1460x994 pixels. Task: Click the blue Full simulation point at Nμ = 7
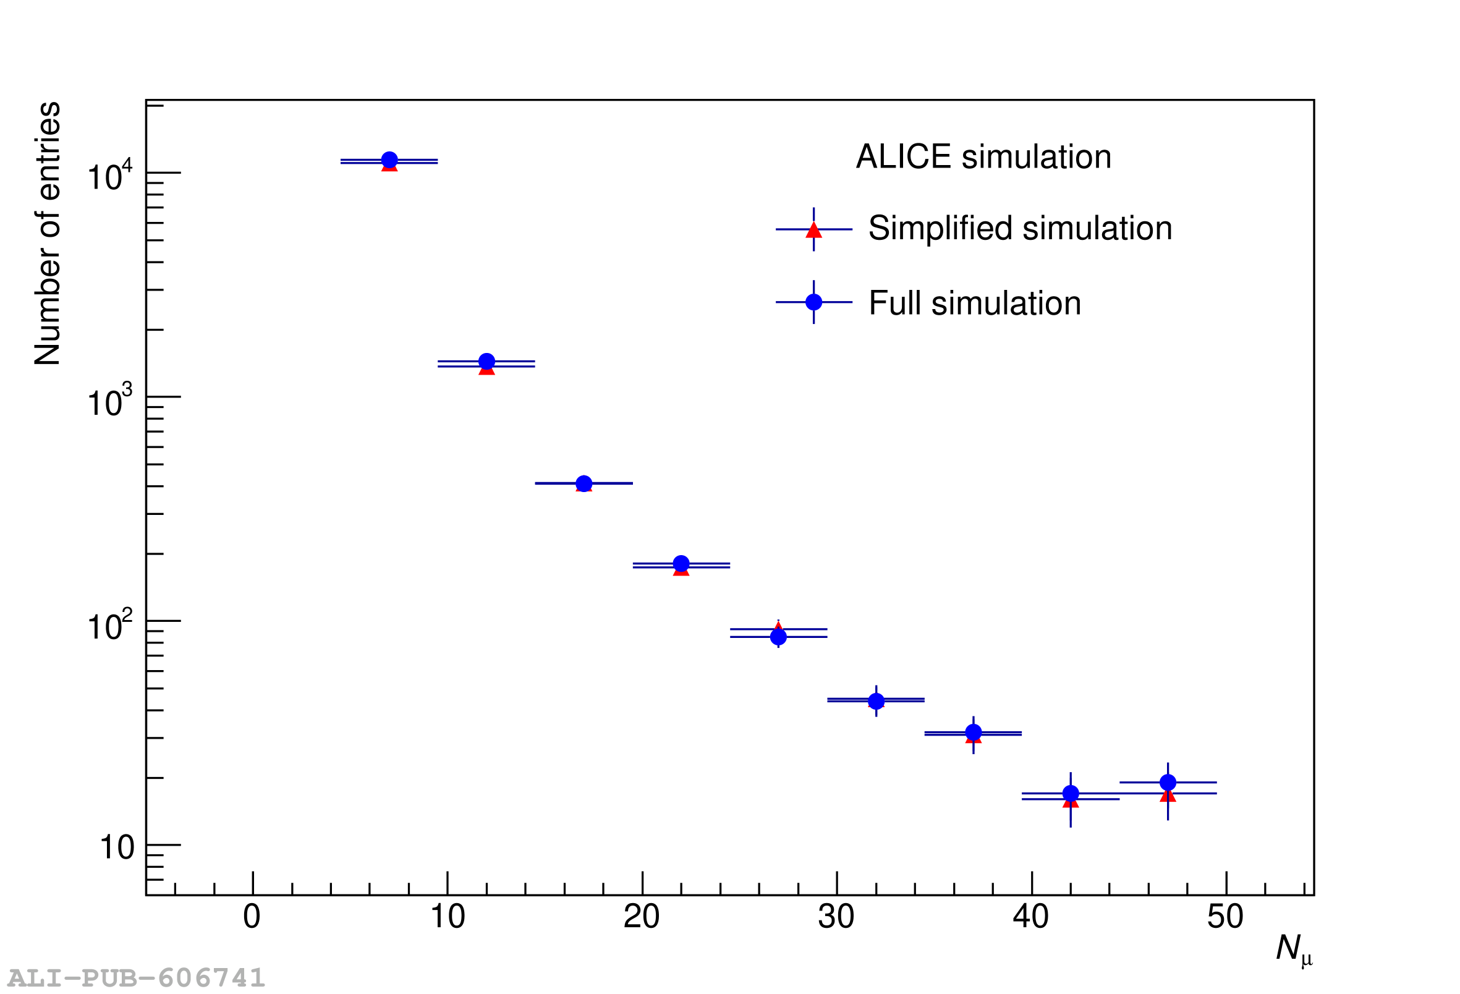tap(389, 160)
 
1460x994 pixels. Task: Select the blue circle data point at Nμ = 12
tap(487, 361)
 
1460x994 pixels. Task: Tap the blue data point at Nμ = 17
tap(584, 483)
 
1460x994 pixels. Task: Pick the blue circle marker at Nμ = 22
tap(681, 564)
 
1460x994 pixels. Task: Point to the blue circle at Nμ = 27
tap(778, 637)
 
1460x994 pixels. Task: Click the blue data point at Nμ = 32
tap(876, 701)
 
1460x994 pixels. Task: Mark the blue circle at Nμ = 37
tap(973, 732)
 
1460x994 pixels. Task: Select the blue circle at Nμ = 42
tap(1071, 794)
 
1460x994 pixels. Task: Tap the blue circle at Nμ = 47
tap(1168, 782)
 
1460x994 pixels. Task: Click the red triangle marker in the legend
tap(813, 230)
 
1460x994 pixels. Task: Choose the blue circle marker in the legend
tap(813, 302)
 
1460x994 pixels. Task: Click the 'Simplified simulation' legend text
tap(1021, 228)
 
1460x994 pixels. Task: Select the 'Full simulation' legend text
tap(975, 304)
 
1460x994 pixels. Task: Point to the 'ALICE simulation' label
tap(984, 156)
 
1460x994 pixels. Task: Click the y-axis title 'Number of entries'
tap(48, 233)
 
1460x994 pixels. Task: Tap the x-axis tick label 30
tap(836, 917)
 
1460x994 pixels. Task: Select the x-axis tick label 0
tap(252, 917)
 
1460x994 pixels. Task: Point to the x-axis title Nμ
tap(1294, 949)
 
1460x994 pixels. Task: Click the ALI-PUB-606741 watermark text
tap(137, 978)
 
